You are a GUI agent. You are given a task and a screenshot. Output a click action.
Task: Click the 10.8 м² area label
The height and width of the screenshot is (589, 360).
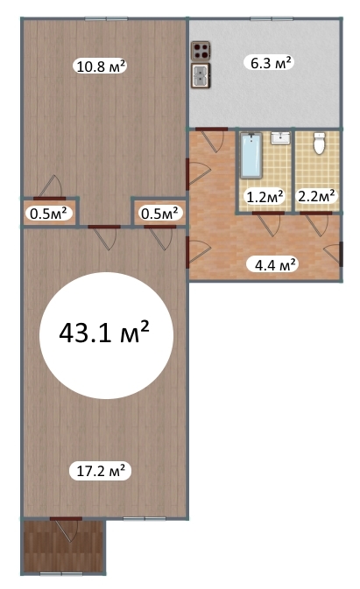pos(100,67)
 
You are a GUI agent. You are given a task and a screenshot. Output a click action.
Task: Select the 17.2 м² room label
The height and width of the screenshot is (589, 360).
pos(101,471)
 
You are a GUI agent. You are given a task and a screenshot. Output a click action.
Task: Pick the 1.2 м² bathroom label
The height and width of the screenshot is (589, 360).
pos(265,196)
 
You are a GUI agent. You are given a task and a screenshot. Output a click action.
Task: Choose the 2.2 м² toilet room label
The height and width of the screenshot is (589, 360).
pos(316,196)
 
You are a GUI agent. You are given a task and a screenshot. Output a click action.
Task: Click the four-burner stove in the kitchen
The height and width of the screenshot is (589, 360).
pos(201,51)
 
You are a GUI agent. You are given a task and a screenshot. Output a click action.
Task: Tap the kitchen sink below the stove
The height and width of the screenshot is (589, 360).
pos(201,75)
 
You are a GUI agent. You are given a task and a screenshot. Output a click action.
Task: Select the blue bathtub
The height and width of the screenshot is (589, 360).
pos(251,156)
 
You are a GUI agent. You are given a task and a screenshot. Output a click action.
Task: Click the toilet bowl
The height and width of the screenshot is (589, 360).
pos(319,144)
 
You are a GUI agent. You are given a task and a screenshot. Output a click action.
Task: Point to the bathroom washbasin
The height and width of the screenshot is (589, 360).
pos(280,138)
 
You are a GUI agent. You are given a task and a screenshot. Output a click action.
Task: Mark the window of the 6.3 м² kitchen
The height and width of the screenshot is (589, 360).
pos(272,18)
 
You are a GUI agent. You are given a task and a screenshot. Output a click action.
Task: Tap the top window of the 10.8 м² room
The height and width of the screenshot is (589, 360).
pos(106,18)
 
